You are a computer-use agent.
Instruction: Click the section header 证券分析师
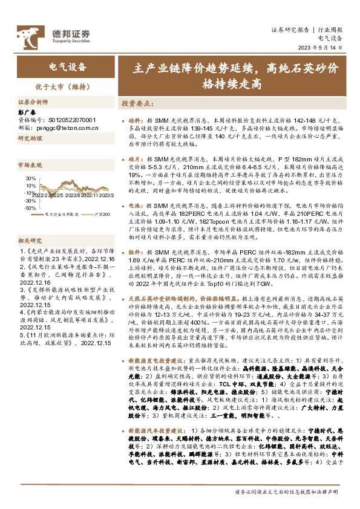click(33, 103)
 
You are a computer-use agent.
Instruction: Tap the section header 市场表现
click(30, 164)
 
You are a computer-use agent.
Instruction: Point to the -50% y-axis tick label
click(30, 207)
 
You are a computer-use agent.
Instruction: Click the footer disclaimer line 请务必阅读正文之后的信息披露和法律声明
click(287, 493)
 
